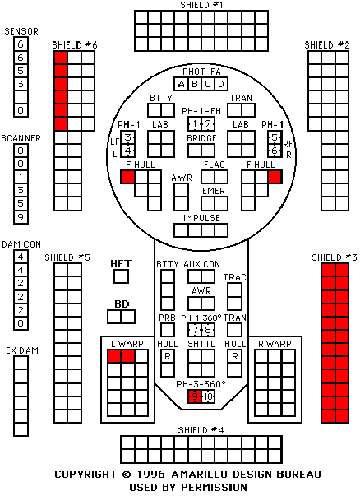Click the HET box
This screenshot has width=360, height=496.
[122, 276]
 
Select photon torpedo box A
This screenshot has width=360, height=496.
[181, 84]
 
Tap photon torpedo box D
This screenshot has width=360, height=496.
[221, 84]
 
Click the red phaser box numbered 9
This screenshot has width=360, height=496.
[195, 396]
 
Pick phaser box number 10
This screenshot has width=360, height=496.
[208, 396]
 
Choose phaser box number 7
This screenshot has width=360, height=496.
[195, 330]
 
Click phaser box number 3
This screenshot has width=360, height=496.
[128, 137]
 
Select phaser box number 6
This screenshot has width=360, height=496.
[275, 151]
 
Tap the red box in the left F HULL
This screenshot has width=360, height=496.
[127, 177]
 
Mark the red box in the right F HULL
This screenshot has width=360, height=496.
[275, 177]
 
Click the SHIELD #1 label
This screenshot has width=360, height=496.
[201, 5]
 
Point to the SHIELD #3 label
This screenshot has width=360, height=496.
[335, 257]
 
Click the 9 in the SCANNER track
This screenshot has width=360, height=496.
[21, 217]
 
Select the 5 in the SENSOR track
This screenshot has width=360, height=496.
[21, 71]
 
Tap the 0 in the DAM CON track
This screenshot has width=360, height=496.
[21, 323]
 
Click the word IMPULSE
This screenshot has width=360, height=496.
[201, 218]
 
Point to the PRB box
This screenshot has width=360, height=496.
[168, 330]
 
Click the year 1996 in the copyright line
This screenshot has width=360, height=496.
[150, 475]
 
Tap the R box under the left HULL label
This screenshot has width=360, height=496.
[168, 356]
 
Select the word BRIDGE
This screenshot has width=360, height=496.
[201, 138]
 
